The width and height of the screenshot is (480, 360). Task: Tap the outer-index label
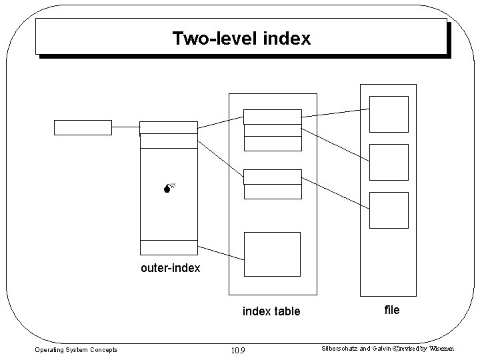point(170,269)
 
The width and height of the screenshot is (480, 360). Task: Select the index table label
point(271,311)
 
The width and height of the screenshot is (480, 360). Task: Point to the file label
point(392,309)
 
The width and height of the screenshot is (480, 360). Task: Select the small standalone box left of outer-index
point(83,127)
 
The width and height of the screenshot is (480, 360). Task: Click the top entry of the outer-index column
point(169,128)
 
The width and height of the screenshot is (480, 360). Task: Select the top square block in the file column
point(389,115)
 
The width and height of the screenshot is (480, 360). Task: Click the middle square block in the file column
point(389,162)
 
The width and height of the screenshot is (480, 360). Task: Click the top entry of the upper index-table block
point(272,117)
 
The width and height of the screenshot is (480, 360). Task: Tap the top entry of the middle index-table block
point(272,177)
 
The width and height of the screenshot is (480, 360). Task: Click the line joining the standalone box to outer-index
point(125,127)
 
